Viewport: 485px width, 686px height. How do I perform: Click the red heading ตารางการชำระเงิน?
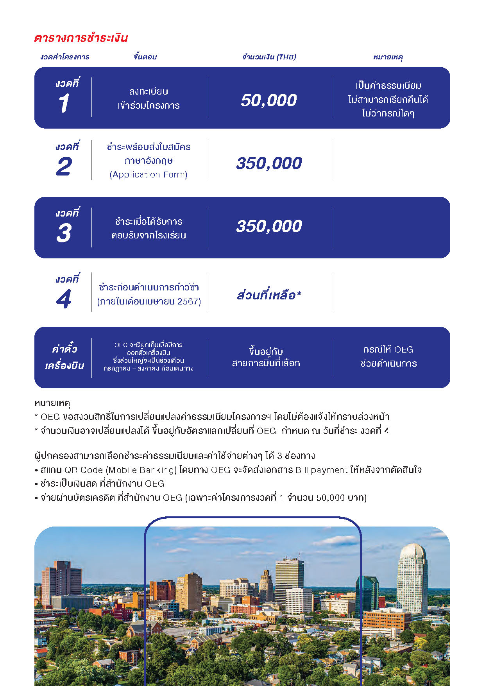point(81,38)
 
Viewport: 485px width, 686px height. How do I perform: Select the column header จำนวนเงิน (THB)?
point(269,57)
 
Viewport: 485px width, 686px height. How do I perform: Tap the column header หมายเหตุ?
point(388,57)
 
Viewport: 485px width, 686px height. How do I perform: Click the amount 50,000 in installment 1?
point(269,100)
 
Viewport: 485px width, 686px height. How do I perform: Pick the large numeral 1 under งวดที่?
point(64,104)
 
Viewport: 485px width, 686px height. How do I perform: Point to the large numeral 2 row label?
point(64,167)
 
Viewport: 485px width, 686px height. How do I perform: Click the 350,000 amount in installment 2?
point(269,163)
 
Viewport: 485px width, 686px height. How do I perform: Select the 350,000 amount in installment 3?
point(269,226)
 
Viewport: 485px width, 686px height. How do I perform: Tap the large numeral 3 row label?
point(64,233)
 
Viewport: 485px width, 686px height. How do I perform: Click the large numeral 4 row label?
point(64,299)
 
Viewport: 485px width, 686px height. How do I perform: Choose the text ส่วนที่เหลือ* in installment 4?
point(269,295)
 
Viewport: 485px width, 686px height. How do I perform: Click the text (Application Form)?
point(149,175)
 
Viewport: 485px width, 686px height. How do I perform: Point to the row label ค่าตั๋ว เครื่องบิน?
point(64,357)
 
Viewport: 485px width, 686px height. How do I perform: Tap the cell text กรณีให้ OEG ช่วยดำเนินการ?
point(388,356)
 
